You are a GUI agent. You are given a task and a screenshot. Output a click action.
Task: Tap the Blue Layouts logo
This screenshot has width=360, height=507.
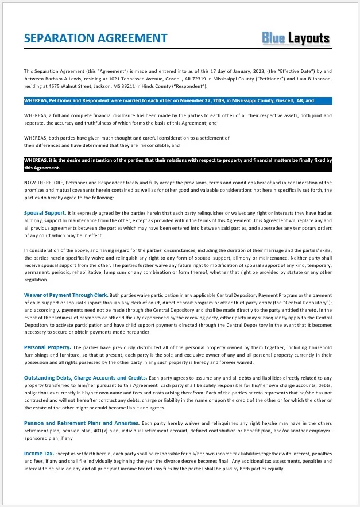pyautogui.click(x=296, y=38)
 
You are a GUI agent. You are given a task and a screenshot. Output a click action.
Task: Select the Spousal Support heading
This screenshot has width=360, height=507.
pyautogui.click(x=45, y=212)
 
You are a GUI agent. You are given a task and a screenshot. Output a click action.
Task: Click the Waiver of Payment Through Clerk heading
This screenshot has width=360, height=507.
pyautogui.click(x=66, y=295)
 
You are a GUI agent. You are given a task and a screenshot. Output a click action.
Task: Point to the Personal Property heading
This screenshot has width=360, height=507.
pyautogui.click(x=48, y=347)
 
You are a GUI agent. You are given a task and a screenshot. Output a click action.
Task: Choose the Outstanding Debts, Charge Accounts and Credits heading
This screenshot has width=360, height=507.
pyautogui.click(x=85, y=377)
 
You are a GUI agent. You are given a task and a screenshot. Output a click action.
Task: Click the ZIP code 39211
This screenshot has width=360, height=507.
pyautogui.click(x=125, y=86)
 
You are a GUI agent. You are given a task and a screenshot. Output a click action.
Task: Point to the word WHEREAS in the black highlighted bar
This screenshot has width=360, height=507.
pyautogui.click(x=36, y=160)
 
